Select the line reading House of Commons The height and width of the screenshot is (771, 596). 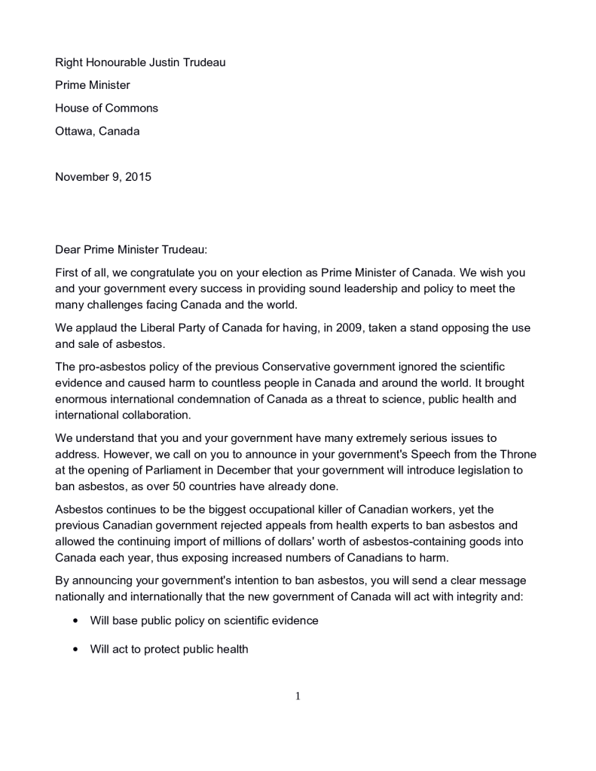click(x=106, y=108)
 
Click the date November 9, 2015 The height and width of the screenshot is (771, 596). click(x=103, y=177)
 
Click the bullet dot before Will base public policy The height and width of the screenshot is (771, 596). click(x=75, y=621)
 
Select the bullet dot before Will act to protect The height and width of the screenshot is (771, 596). click(x=75, y=649)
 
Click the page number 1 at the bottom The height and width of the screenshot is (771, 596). click(x=298, y=696)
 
